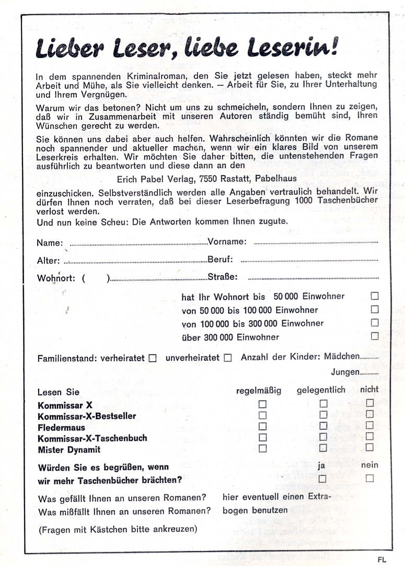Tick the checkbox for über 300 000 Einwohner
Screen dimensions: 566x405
coord(374,336)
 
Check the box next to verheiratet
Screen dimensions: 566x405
coord(153,358)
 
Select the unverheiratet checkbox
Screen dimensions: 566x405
coord(227,358)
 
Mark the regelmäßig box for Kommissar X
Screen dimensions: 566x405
coord(262,404)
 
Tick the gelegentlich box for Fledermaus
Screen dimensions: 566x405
coord(323,426)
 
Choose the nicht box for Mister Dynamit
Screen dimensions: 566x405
coord(369,448)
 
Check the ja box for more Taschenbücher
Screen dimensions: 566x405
coord(322,478)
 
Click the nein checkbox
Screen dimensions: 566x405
coord(369,478)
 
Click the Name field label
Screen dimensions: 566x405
coord(50,243)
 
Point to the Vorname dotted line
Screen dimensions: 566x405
coord(316,242)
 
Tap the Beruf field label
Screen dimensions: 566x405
coord(220,259)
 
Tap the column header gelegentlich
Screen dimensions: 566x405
coord(321,390)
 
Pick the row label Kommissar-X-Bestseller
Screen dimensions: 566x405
coord(87,416)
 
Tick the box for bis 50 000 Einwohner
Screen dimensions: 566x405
coord(374,296)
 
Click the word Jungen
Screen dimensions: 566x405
coord(345,372)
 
